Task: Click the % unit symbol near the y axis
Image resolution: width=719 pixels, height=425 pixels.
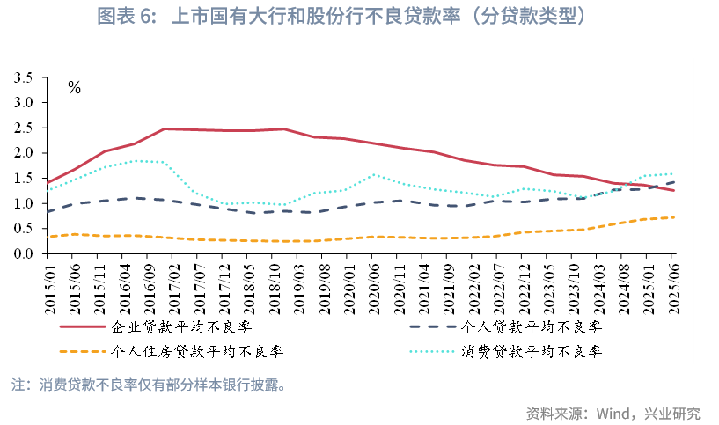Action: [x=74, y=88]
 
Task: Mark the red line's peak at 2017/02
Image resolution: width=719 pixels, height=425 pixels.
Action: [x=165, y=128]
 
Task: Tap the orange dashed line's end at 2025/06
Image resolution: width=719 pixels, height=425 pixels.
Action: [x=673, y=217]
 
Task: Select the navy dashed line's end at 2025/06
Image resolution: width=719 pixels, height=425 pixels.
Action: [x=673, y=182]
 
